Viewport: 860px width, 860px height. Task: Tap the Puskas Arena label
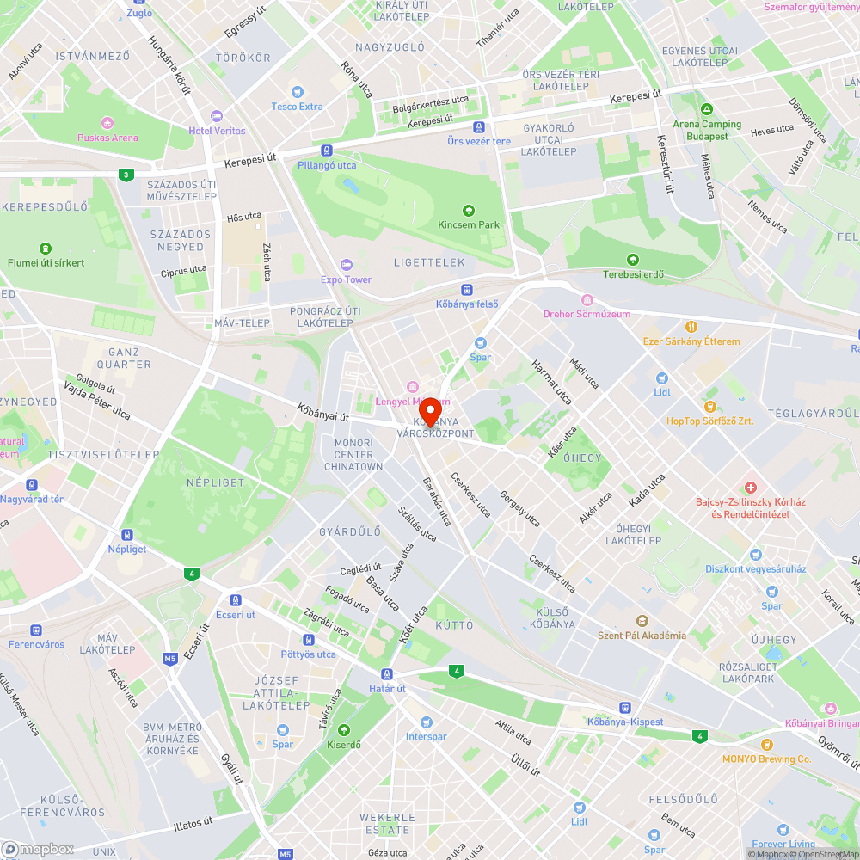click(x=107, y=138)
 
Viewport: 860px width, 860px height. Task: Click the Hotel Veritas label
click(x=217, y=131)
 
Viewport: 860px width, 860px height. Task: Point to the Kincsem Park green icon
click(x=469, y=210)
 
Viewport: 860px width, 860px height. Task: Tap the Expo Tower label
click(x=346, y=279)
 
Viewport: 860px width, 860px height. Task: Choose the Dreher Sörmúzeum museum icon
click(x=587, y=300)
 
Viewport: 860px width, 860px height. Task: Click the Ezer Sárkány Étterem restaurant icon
click(x=691, y=327)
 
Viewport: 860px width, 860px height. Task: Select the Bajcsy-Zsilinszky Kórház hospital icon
click(x=750, y=488)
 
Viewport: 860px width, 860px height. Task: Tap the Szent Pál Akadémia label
click(x=642, y=636)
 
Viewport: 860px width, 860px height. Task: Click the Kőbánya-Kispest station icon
click(x=624, y=707)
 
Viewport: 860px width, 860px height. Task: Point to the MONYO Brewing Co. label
click(x=766, y=759)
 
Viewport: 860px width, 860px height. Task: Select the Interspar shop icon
click(x=427, y=722)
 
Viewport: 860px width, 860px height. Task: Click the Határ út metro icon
click(x=387, y=674)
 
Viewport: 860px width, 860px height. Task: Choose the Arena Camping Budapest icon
click(x=707, y=110)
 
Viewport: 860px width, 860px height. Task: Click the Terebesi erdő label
click(x=633, y=274)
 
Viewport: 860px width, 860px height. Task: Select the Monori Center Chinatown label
click(x=353, y=455)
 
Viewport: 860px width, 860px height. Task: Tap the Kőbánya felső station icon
click(x=467, y=290)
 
